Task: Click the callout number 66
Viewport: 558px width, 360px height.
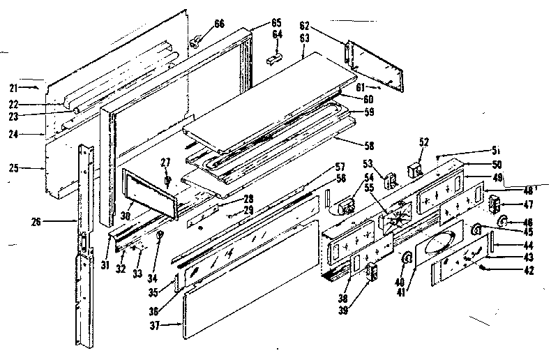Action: pos(219,24)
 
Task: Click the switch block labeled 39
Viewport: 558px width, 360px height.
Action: pos(370,271)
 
